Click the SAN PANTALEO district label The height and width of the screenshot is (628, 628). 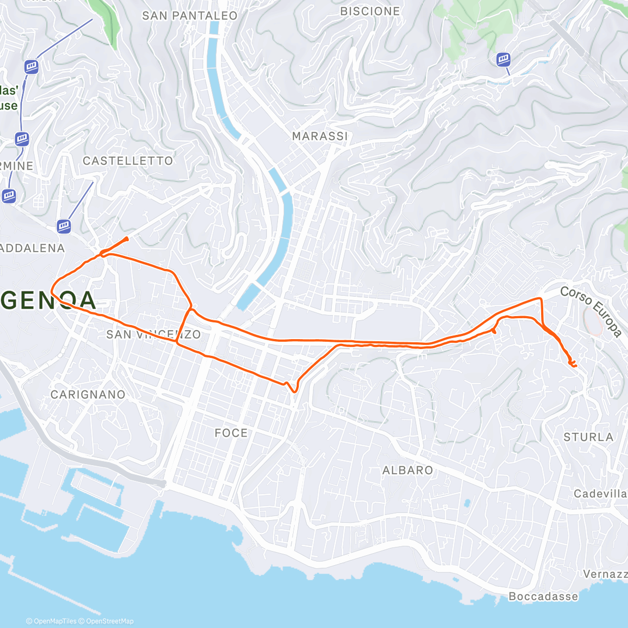pos(189,16)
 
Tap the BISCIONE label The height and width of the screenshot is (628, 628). pos(370,11)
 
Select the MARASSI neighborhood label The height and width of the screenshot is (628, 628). pos(320,136)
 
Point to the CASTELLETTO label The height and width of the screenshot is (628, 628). pos(128,161)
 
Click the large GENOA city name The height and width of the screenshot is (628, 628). pos(48,300)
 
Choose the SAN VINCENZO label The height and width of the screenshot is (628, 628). pos(153,334)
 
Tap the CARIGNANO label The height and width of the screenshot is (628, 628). pos(88,395)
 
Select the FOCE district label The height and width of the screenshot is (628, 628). pos(231,433)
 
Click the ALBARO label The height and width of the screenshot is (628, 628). pos(408,470)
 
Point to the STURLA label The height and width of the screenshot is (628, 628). pos(588,437)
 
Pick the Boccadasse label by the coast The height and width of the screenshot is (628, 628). pos(543,597)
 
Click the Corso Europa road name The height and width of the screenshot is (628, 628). pos(591,311)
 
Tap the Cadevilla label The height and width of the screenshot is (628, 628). pos(600,494)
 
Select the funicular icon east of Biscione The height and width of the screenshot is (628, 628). pos(503,59)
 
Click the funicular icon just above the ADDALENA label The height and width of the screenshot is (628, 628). pos(64,226)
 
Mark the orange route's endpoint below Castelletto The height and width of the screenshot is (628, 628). pos(126,239)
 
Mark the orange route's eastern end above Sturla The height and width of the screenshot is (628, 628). pos(574,365)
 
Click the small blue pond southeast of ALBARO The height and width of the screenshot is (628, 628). pos(466,503)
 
